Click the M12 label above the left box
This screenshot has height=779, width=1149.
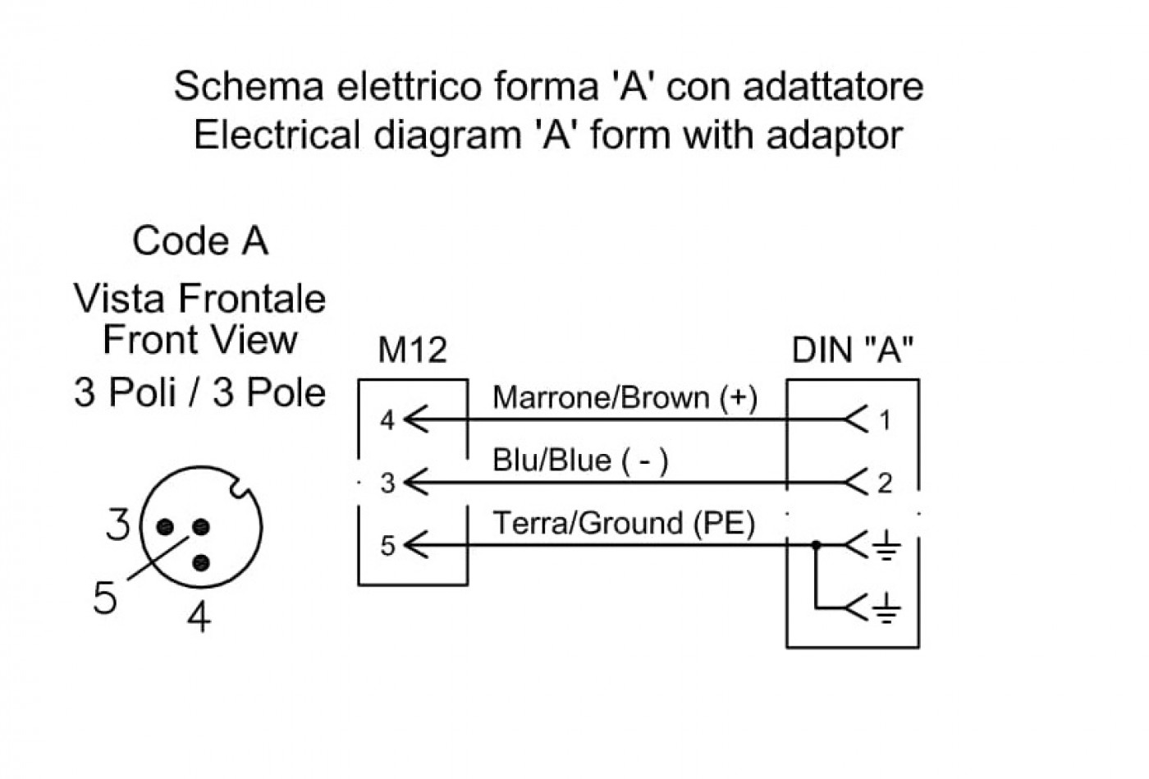(x=412, y=351)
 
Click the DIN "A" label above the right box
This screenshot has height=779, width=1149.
(x=853, y=350)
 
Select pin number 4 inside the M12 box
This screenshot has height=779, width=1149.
(x=387, y=420)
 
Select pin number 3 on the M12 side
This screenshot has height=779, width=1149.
(x=387, y=483)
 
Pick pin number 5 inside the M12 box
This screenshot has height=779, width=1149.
(x=387, y=546)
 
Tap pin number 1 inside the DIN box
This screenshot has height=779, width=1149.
(x=885, y=420)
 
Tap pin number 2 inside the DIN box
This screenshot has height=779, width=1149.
(x=885, y=483)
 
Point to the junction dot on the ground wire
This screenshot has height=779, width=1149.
(x=816, y=544)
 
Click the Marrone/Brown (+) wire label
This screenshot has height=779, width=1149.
(x=625, y=398)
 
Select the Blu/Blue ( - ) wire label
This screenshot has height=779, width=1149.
(x=580, y=461)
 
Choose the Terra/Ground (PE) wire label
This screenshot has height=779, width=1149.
(x=624, y=524)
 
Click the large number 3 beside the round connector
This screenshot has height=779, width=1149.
(x=118, y=524)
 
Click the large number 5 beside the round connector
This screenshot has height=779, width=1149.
(x=105, y=598)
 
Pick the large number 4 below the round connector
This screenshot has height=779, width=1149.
(x=199, y=616)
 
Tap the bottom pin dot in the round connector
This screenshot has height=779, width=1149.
(x=202, y=563)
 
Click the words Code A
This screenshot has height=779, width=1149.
(x=200, y=241)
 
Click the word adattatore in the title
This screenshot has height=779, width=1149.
(x=834, y=86)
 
